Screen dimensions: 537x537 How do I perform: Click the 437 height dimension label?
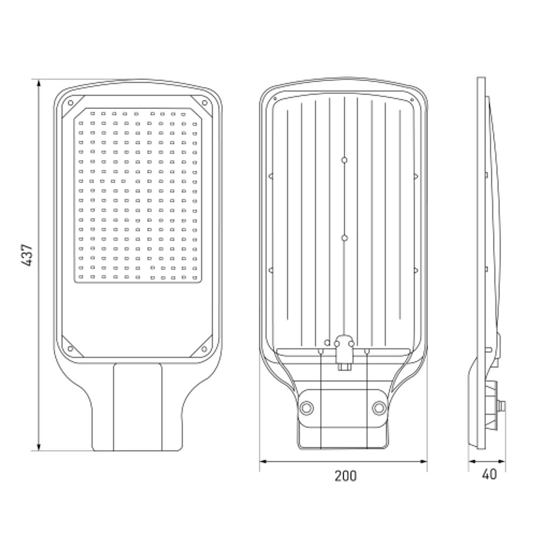pyautogui.click(x=27, y=255)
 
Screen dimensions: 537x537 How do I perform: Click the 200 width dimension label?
pyautogui.click(x=345, y=476)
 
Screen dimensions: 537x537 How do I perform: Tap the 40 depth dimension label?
pyautogui.click(x=489, y=474)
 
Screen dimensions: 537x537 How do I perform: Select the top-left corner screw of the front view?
pyautogui.click(x=70, y=103)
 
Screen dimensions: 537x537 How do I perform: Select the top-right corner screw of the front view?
pyautogui.click(x=205, y=103)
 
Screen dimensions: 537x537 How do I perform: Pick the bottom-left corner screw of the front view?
pyautogui.click(x=70, y=349)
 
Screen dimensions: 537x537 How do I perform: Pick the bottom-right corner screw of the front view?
pyautogui.click(x=204, y=349)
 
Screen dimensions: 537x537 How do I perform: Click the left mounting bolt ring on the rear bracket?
pyautogui.click(x=307, y=408)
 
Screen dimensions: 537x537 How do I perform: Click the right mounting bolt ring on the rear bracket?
pyautogui.click(x=379, y=408)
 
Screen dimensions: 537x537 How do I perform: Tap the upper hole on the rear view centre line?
pyautogui.click(x=345, y=160)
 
